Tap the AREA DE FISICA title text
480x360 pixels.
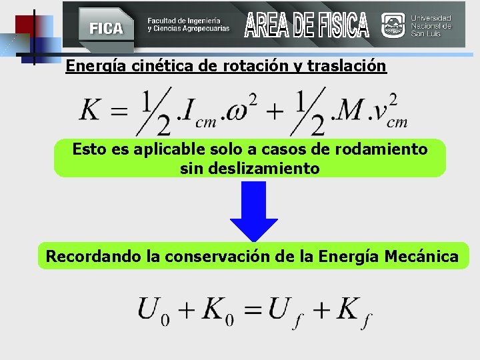306,25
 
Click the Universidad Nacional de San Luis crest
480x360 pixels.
393,25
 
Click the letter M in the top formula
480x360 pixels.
347,111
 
